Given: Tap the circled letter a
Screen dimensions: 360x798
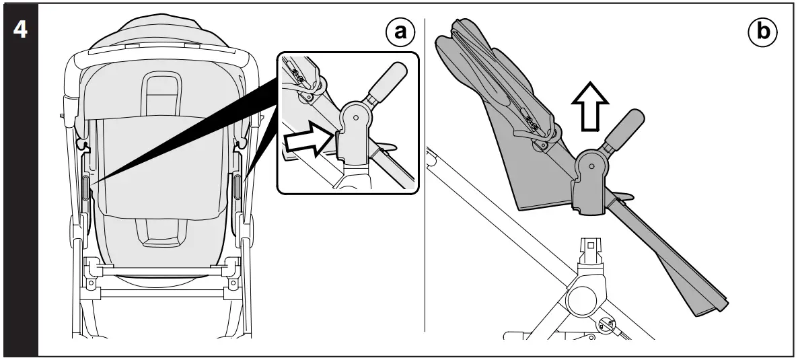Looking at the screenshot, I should [400, 32].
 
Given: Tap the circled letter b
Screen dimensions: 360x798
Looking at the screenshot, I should [761, 32].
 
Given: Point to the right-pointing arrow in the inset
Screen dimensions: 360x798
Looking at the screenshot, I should [308, 141].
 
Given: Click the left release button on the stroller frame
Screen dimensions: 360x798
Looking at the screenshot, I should [85, 187].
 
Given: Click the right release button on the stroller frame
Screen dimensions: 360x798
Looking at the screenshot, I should [238, 187].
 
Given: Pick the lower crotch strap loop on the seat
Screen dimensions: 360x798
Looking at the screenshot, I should [162, 231].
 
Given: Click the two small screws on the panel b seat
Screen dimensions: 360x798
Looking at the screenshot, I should [532, 124].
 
